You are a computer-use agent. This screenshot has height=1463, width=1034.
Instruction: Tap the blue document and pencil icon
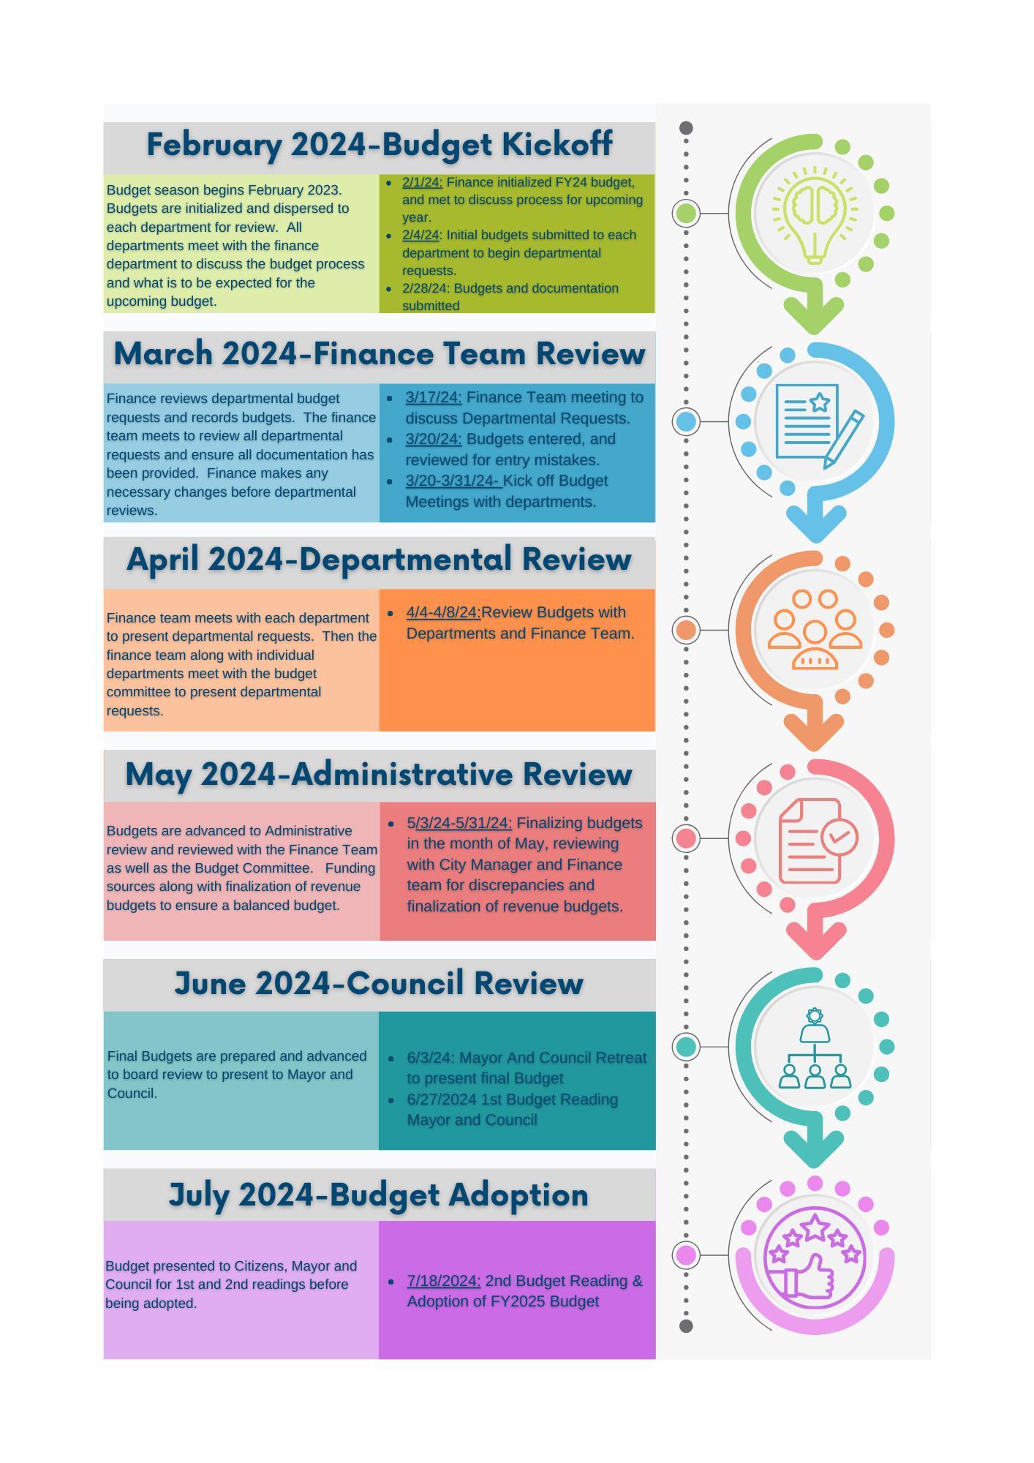click(x=816, y=423)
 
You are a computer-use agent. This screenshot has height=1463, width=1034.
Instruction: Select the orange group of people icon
click(x=815, y=630)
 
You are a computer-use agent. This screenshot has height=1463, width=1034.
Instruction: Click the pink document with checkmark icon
click(x=816, y=840)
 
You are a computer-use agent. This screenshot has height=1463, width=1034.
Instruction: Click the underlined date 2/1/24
click(x=422, y=182)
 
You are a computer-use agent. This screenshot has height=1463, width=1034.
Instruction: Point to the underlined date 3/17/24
click(x=434, y=397)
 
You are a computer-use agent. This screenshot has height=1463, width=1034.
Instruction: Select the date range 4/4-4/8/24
click(x=443, y=612)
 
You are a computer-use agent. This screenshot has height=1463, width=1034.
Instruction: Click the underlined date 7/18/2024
click(x=443, y=1281)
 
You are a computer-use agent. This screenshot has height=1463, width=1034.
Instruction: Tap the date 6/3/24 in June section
click(x=430, y=1058)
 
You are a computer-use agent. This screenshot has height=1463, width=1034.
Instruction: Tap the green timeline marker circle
click(x=686, y=213)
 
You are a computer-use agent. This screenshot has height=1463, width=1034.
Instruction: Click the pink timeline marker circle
click(x=686, y=838)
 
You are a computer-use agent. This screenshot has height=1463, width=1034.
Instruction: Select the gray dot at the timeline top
click(x=686, y=128)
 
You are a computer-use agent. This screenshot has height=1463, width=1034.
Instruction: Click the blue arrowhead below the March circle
click(x=816, y=522)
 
